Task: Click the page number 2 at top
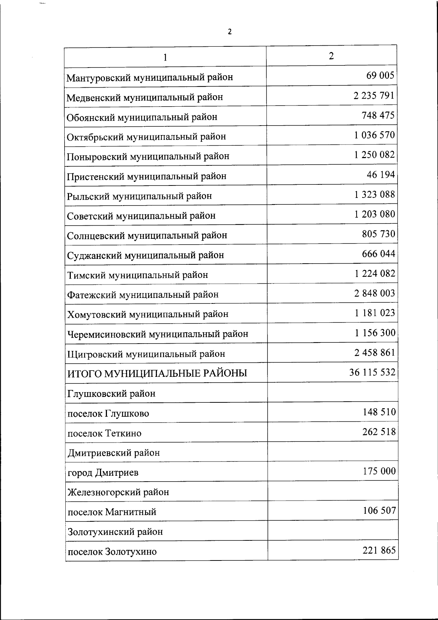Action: point(230,32)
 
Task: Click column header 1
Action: point(165,57)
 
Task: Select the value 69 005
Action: point(380,76)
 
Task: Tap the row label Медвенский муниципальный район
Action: point(145,97)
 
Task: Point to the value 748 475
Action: point(378,115)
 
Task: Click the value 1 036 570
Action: point(374,135)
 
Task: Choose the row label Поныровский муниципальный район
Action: point(148,157)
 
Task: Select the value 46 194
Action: point(381,175)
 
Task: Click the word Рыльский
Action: point(88,196)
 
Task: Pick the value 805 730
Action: point(378,234)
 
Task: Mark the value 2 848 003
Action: point(374,293)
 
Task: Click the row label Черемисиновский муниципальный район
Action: point(158,334)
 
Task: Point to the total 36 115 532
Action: point(372,372)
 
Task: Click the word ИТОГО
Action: point(85,374)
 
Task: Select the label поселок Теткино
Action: point(104,433)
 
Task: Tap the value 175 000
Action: point(379,471)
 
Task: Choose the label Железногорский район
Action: point(118,492)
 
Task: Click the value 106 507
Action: point(379,510)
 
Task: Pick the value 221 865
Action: point(379,550)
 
